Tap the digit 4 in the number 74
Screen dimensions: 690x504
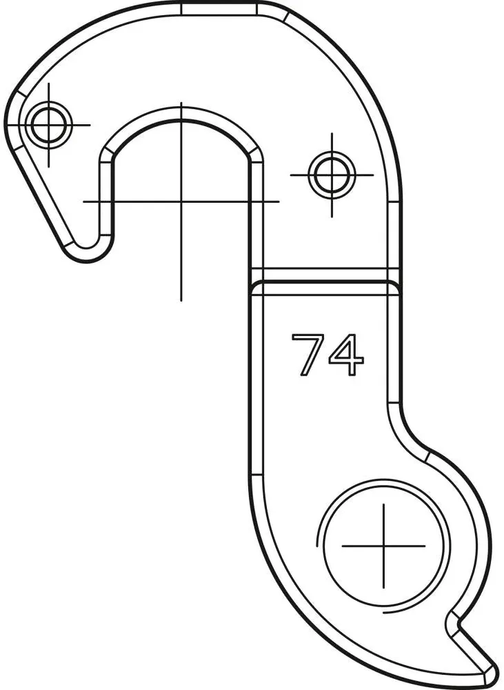pos(347,355)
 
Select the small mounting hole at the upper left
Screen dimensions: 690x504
pos(49,125)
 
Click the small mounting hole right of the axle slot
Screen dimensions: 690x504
pos(331,175)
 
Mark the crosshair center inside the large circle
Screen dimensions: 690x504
pos(383,545)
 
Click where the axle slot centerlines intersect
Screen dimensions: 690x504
pos(181,201)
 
